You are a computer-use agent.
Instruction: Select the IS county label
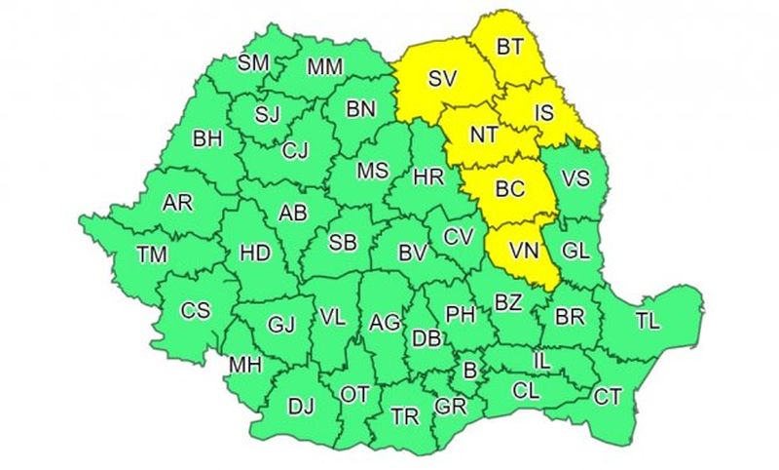(x=543, y=113)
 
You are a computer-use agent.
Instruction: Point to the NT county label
(x=473, y=137)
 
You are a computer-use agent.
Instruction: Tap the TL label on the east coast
(x=648, y=321)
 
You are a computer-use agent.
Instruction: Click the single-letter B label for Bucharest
(x=470, y=371)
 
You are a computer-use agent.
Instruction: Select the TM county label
(x=152, y=255)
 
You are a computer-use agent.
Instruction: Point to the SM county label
(x=253, y=63)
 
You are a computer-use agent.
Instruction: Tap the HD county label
(x=254, y=254)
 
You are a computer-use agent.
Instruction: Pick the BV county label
(x=414, y=254)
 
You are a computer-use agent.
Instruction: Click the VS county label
(x=576, y=179)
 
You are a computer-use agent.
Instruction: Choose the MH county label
(x=243, y=365)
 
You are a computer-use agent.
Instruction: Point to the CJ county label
(x=295, y=150)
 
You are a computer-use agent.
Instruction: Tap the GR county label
(x=451, y=407)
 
